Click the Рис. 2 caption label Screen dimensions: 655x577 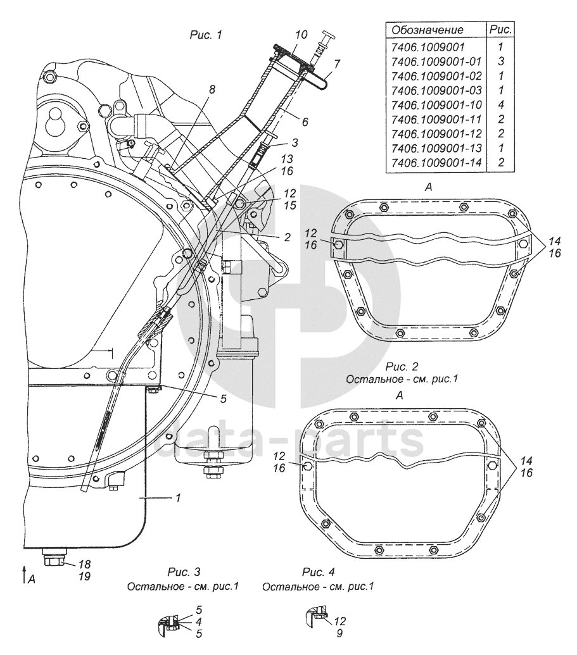tap(402, 366)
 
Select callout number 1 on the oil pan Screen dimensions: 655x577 tap(178, 499)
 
